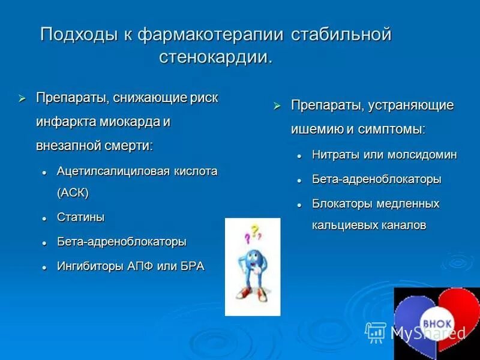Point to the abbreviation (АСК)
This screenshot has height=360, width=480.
73,193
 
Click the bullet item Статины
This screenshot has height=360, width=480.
78,217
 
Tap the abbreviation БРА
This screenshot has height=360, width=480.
193,266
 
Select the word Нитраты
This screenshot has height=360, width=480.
336,155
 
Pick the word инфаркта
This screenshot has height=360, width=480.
63,121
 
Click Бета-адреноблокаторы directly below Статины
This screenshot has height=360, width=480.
122,242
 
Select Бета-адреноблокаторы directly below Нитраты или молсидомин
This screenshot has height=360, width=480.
377,179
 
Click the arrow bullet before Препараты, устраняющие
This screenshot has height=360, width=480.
277,106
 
